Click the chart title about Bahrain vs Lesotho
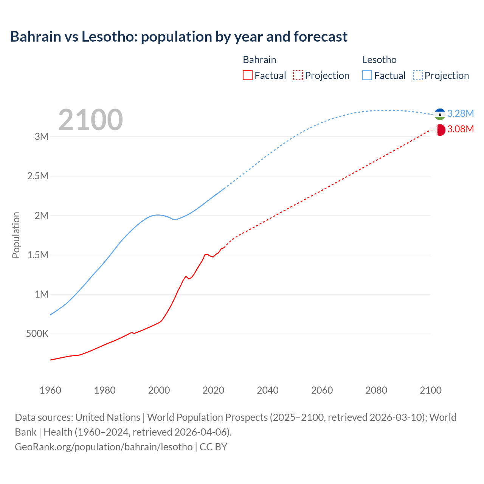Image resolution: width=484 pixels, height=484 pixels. coord(178,37)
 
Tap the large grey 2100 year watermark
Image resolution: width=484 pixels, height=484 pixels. coord(90,120)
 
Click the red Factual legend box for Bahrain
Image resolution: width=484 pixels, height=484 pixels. coord(247,75)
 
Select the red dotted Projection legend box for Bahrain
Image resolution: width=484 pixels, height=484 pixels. coord(298,75)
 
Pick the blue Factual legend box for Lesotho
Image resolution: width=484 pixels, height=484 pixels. coord(367,75)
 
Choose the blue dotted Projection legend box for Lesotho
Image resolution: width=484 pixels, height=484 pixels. coord(417,75)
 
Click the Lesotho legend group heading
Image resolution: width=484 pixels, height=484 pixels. coord(379,60)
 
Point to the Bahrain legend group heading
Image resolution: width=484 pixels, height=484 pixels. coord(259,60)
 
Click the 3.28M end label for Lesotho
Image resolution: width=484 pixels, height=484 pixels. coord(460,113)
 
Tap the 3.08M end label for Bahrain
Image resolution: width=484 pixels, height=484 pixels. coord(460,129)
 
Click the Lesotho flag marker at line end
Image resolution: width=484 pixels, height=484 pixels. coord(440,114)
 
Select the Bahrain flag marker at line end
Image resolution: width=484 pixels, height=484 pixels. coord(440,130)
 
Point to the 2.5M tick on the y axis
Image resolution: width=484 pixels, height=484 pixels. coord(38,176)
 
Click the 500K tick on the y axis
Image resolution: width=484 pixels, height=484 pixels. coord(37,334)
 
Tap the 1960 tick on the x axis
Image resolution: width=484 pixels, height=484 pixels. coord(50,390)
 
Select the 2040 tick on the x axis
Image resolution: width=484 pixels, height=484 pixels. coord(268,390)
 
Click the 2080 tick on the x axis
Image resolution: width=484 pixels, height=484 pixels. coord(376,390)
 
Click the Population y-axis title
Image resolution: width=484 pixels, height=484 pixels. coord(16,235)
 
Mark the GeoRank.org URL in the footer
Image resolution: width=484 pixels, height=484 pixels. coord(104,447)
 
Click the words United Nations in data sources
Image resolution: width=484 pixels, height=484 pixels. coord(108,417)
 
